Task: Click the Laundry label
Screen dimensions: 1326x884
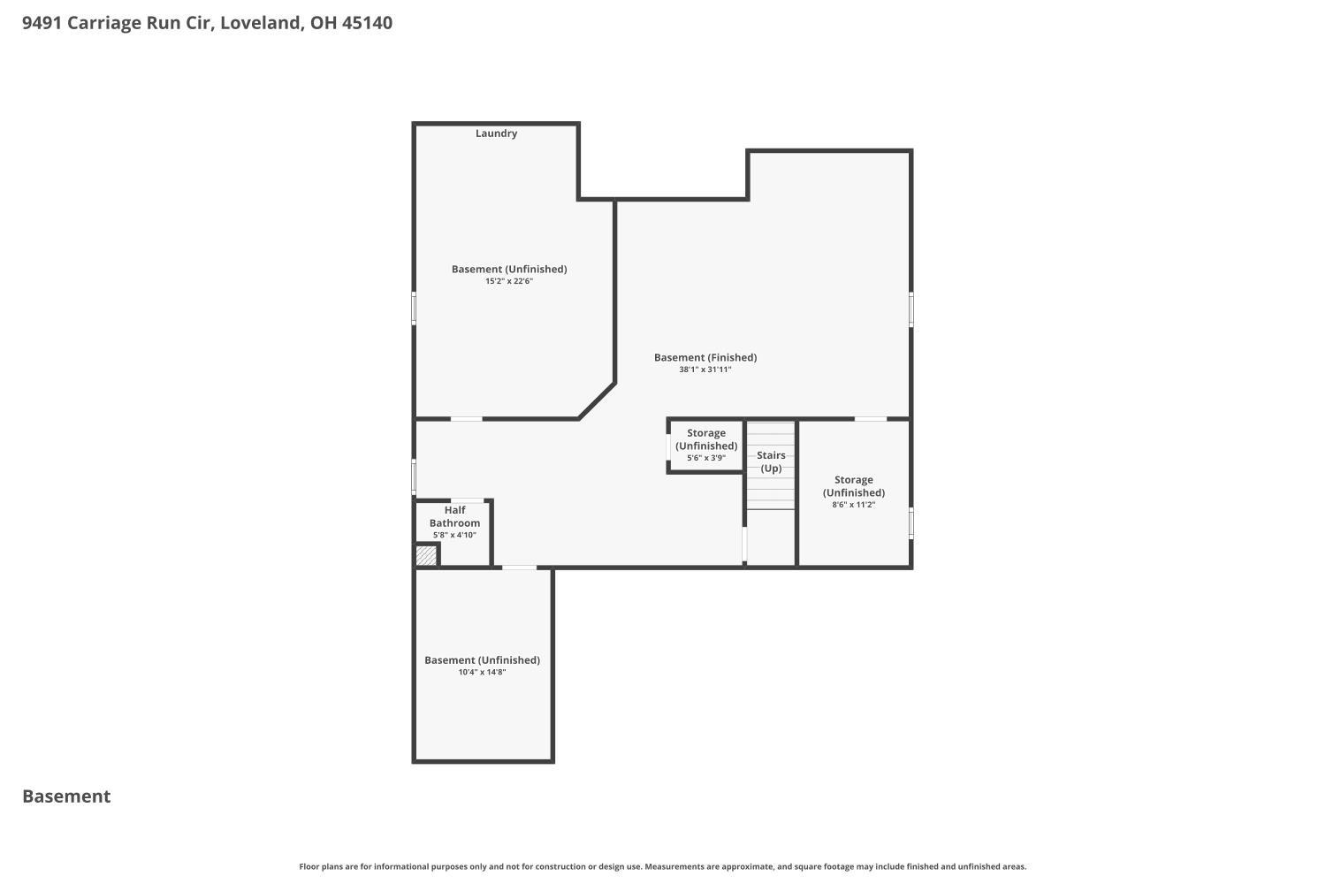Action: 496,133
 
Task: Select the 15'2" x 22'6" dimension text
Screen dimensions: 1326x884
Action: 509,281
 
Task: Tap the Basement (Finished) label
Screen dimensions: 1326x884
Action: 705,358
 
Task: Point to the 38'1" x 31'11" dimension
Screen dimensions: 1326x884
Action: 705,370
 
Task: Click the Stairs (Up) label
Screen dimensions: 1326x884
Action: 771,461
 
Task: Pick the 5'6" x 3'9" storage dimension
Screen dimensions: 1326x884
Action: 706,458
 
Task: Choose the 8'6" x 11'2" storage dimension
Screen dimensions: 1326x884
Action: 854,505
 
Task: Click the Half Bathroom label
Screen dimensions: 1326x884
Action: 454,516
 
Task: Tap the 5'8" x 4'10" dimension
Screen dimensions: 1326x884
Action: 454,535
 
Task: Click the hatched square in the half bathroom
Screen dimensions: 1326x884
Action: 426,555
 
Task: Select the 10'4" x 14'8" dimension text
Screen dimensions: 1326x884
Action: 482,672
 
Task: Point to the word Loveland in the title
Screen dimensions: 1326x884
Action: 262,22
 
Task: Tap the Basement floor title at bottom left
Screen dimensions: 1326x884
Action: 66,796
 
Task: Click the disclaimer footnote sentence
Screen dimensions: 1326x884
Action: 662,866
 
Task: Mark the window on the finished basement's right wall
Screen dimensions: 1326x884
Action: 911,309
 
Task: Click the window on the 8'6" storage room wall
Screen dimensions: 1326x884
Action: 911,522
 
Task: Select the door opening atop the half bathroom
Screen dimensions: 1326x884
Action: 468,500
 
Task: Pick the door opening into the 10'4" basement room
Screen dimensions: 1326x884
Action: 519,568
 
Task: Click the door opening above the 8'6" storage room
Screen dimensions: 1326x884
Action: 870,419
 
